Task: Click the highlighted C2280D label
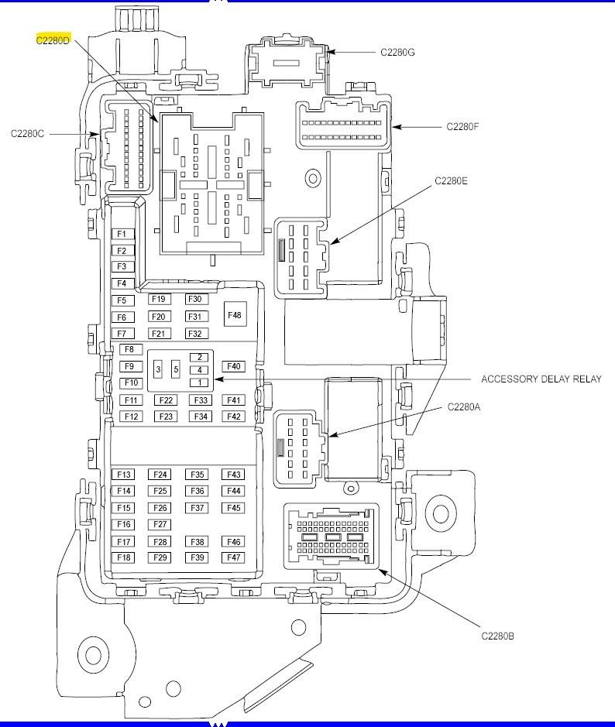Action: (x=53, y=40)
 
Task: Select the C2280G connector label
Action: (x=397, y=53)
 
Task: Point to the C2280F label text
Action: (x=462, y=126)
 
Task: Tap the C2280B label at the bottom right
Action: (x=497, y=636)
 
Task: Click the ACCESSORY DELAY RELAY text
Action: (x=541, y=379)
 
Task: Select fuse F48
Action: (x=233, y=315)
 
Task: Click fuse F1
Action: (x=122, y=234)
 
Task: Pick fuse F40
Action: (x=233, y=366)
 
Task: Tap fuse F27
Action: (x=160, y=525)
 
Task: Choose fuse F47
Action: (x=233, y=557)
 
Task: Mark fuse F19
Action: (x=159, y=299)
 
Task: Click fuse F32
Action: (x=195, y=334)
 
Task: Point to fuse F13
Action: (x=124, y=475)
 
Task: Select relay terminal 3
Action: (x=158, y=370)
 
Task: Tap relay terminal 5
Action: (x=176, y=370)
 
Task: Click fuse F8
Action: (x=129, y=350)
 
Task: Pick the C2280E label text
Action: (x=452, y=180)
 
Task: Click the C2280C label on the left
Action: (x=28, y=134)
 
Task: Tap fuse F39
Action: (x=198, y=557)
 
